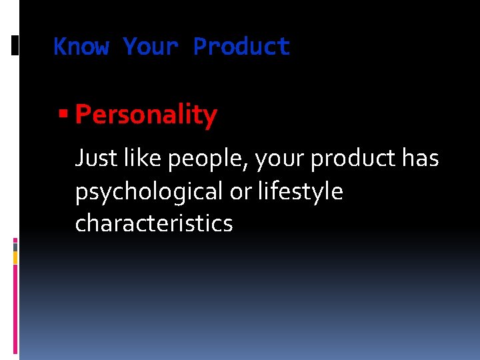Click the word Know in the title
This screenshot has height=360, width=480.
[x=81, y=47]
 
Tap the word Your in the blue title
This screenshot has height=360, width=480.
[x=151, y=47]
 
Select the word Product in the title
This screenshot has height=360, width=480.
[x=241, y=47]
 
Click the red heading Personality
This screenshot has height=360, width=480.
[x=146, y=115]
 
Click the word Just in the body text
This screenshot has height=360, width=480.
[x=97, y=159]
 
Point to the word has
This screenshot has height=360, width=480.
[x=421, y=159]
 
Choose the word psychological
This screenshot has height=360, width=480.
[x=149, y=192]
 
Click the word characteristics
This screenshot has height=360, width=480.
[x=154, y=223]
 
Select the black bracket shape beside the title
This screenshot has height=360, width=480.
[x=15, y=45]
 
